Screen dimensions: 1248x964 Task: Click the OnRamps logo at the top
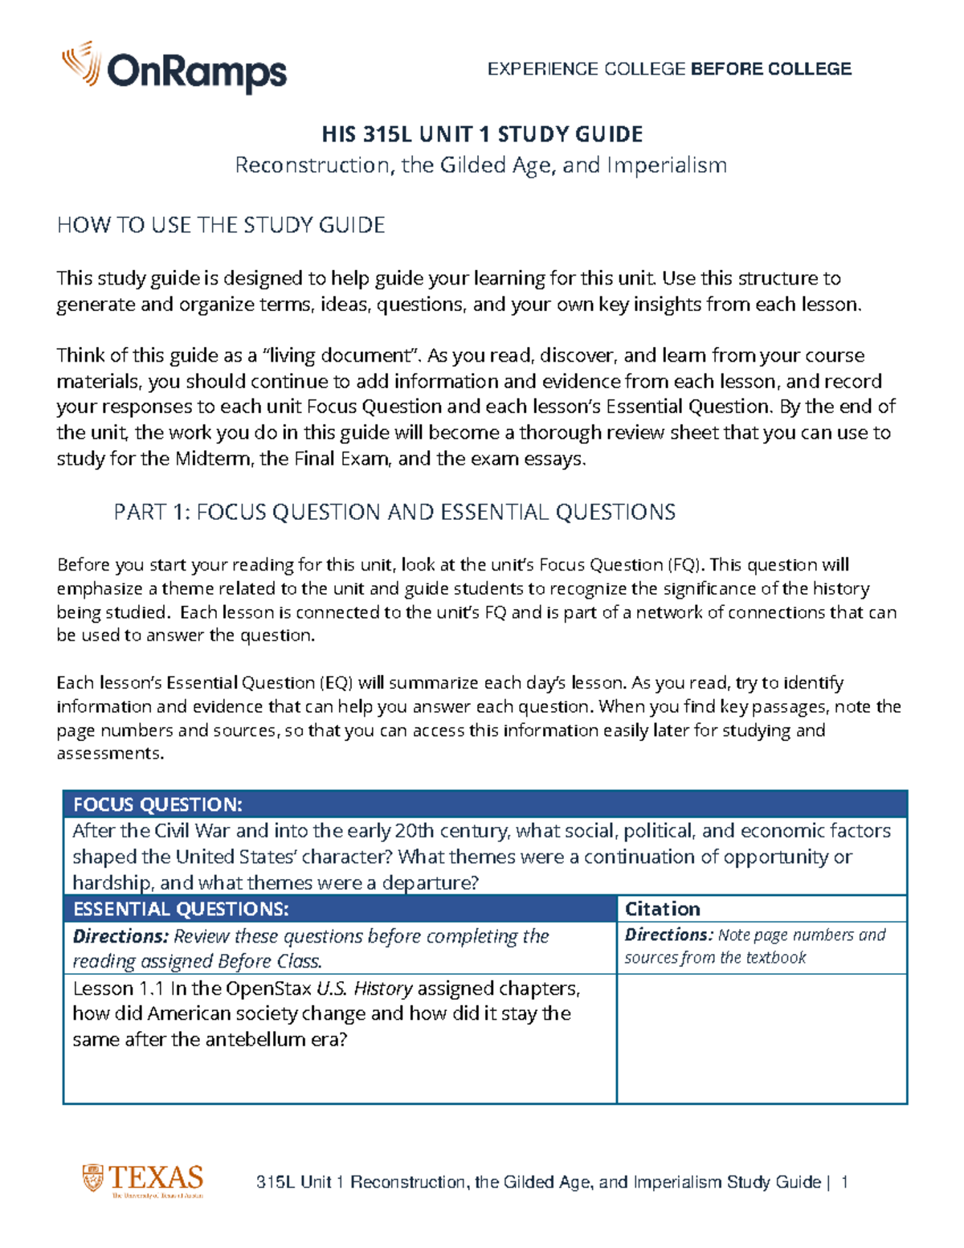click(174, 68)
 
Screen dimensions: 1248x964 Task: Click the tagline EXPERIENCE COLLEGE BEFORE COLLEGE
click(669, 69)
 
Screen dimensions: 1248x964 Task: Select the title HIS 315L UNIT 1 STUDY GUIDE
click(482, 133)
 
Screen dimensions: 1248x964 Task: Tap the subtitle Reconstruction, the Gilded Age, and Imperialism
click(480, 165)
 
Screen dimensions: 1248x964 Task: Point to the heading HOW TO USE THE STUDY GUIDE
click(221, 225)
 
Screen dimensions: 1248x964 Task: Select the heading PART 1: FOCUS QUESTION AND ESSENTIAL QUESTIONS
click(394, 512)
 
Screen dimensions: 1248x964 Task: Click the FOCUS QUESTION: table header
click(157, 804)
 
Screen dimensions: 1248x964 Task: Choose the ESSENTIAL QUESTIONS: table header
click(181, 909)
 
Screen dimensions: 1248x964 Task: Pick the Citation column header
click(663, 909)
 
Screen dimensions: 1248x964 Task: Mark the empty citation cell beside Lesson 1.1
click(762, 1038)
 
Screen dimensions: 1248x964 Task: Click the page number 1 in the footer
click(843, 1182)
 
